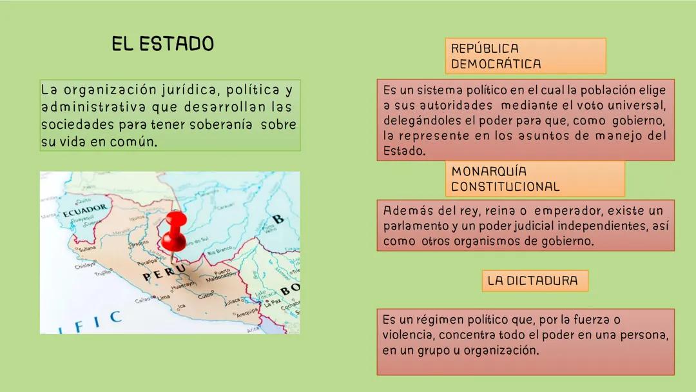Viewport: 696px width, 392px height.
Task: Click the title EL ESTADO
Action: [x=162, y=44]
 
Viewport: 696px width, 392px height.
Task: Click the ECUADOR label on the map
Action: [x=84, y=211]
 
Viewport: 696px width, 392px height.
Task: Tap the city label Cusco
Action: [x=206, y=296]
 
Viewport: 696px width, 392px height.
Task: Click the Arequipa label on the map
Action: [x=247, y=314]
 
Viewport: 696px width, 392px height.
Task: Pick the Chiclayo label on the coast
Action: [x=84, y=265]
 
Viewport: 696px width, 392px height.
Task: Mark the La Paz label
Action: [x=273, y=301]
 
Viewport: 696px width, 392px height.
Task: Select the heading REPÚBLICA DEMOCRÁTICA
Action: [x=525, y=56]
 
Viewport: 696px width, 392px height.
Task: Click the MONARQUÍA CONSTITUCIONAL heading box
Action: [x=534, y=179]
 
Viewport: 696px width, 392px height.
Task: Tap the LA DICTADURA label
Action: [x=534, y=280]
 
